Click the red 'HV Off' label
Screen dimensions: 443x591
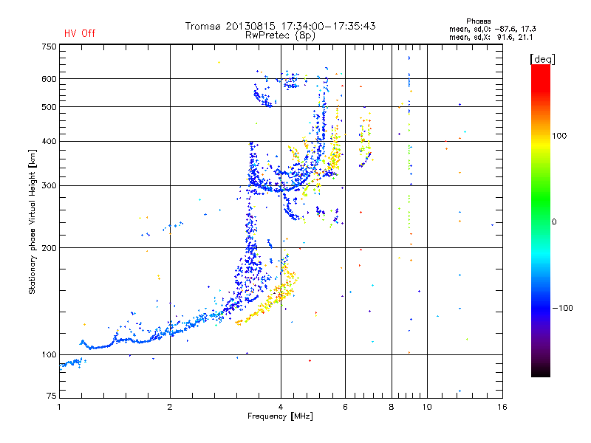coord(79,33)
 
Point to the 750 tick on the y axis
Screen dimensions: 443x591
coord(49,47)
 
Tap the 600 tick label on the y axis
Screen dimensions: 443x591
coord(49,79)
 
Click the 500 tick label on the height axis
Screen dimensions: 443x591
coord(49,107)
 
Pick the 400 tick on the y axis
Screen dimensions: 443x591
coord(49,141)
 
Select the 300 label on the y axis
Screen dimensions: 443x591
coord(49,186)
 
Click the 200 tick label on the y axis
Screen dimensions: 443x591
coord(49,248)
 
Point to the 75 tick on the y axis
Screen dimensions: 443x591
coord(51,397)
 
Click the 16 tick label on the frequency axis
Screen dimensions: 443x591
coord(502,407)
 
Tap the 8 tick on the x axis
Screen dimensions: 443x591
coord(392,407)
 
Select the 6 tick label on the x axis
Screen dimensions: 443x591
coord(346,407)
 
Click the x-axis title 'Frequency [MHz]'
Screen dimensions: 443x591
coord(280,416)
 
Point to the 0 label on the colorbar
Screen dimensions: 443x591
coord(554,221)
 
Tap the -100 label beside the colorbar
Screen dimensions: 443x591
coord(563,307)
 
